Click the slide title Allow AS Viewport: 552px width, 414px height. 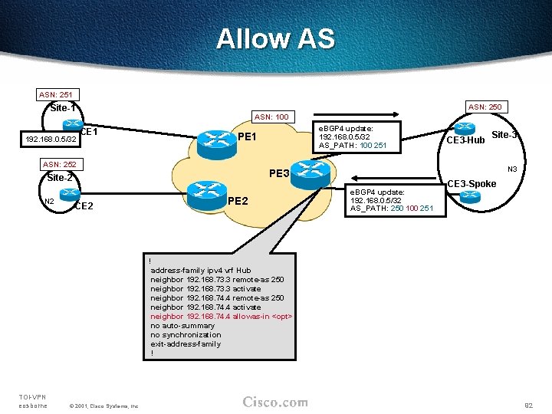pyautogui.click(x=275, y=38)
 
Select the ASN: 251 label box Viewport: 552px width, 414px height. pyautogui.click(x=56, y=95)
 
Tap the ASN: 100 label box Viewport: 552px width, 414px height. pyautogui.click(x=271, y=117)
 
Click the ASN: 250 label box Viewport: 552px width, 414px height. pyautogui.click(x=485, y=107)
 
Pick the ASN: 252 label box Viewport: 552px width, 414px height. pyautogui.click(x=60, y=165)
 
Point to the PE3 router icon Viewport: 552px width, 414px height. pyautogui.click(x=310, y=171)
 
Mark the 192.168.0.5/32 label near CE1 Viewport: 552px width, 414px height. pyautogui.click(x=51, y=140)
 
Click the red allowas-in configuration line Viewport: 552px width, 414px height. pyautogui.click(x=222, y=317)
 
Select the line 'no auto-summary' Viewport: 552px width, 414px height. pyautogui.click(x=182, y=326)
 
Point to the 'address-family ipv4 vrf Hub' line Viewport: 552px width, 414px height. pyautogui.click(x=200, y=271)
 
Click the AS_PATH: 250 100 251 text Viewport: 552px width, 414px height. pyautogui.click(x=391, y=209)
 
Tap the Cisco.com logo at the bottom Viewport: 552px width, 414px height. pyautogui.click(x=275, y=402)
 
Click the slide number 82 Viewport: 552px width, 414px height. pyautogui.click(x=527, y=404)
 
